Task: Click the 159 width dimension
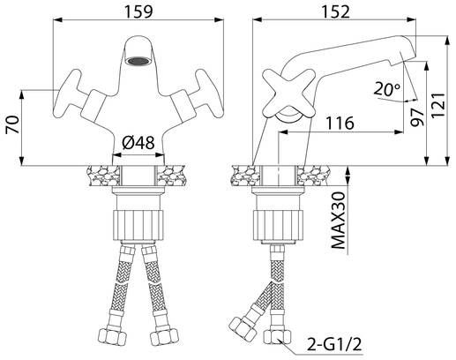tap(138, 11)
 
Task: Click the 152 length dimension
tap(335, 11)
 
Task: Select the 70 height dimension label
tap(12, 124)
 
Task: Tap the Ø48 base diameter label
tap(138, 143)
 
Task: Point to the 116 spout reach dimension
tap(340, 123)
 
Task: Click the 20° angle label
tap(386, 89)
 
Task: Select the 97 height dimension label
tap(417, 116)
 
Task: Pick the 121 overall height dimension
tap(438, 105)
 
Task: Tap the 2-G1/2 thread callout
tap(334, 344)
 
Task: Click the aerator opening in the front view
tap(138, 62)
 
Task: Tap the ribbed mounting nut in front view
tap(138, 225)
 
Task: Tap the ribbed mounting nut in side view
tap(278, 225)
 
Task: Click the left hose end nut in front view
tap(112, 336)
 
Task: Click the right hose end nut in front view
tap(164, 336)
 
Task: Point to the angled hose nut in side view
tap(242, 327)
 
